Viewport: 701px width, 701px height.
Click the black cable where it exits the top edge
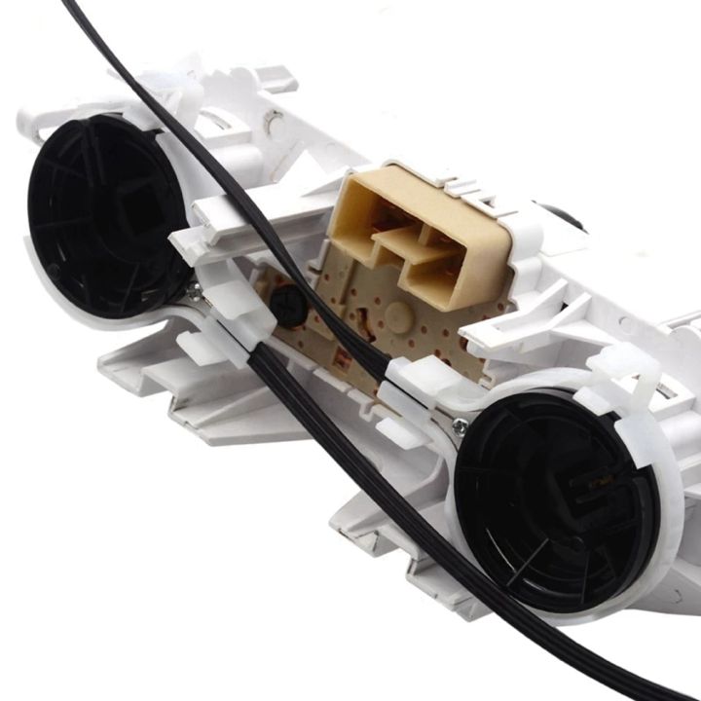(73, 8)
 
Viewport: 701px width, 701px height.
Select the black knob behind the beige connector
(570, 216)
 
